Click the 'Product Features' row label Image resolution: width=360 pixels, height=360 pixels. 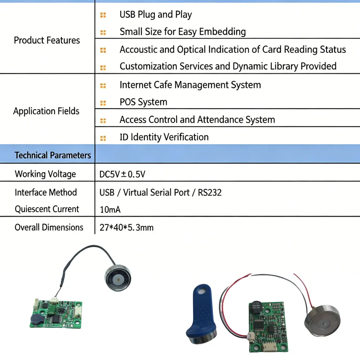pyautogui.click(x=47, y=40)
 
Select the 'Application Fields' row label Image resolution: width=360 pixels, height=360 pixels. pyautogui.click(x=46, y=111)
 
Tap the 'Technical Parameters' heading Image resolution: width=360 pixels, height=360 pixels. pyautogui.click(x=53, y=155)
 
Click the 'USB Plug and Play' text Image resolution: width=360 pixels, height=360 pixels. pyautogui.click(x=156, y=14)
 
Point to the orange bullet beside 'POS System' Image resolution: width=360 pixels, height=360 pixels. pyautogui.click(x=103, y=103)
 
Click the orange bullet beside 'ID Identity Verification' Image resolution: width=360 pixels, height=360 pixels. pyautogui.click(x=103, y=138)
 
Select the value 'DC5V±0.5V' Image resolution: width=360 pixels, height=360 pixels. pyautogui.click(x=122, y=174)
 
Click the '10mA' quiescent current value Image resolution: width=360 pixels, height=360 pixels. pyautogui.click(x=110, y=210)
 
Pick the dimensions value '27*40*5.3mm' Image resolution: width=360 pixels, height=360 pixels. pyautogui.click(x=126, y=228)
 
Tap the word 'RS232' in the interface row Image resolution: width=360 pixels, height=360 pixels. pyautogui.click(x=210, y=192)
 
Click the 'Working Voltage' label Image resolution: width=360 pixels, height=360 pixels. pyautogui.click(x=45, y=174)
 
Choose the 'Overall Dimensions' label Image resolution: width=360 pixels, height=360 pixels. pyautogui.click(x=49, y=227)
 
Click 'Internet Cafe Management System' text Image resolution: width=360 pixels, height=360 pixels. pyautogui.click(x=190, y=85)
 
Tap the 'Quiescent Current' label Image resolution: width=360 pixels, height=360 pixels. pyautogui.click(x=47, y=209)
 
